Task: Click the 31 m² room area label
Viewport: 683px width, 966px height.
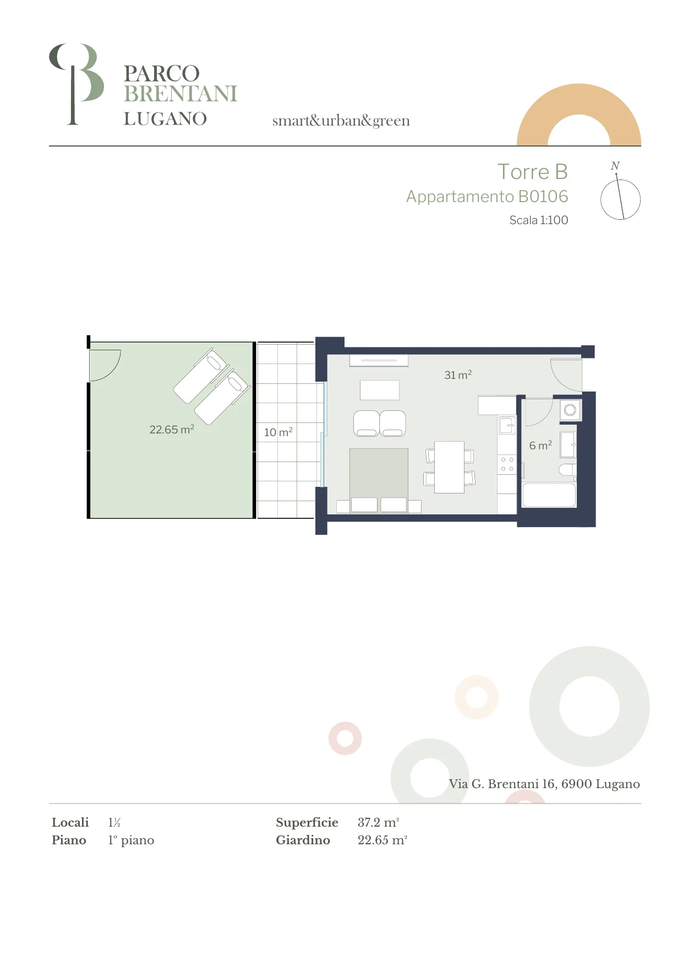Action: tap(458, 375)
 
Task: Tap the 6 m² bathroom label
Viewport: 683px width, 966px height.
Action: tap(540, 445)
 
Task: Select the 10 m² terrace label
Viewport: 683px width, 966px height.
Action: tap(278, 432)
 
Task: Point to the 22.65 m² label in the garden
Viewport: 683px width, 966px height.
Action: tap(172, 429)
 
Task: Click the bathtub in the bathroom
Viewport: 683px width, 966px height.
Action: tap(549, 495)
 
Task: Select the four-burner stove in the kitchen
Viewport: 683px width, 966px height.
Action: tap(507, 464)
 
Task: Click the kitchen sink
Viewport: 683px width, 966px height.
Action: tap(507, 425)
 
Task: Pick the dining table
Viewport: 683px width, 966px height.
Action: tap(449, 467)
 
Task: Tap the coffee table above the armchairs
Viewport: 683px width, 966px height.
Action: tap(380, 390)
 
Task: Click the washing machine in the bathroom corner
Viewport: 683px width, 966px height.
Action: tap(570, 410)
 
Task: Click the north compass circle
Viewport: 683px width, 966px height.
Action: tap(620, 199)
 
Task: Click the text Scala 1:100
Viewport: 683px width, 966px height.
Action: tap(538, 220)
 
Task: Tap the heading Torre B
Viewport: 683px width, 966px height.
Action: tap(532, 172)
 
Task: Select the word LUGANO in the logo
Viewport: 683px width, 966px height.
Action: tap(165, 119)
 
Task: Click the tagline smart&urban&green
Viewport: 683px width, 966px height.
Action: tap(341, 121)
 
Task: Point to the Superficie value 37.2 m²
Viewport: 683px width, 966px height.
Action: tap(378, 822)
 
